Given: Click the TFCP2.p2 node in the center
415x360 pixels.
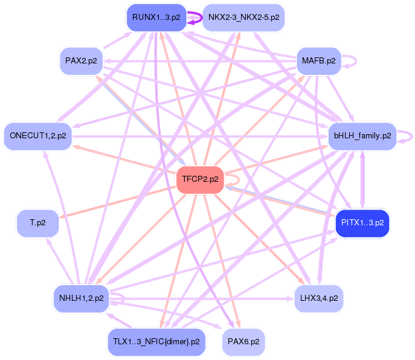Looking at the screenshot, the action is pos(200,179).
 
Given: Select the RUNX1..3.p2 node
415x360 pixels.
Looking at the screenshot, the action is pos(156,17).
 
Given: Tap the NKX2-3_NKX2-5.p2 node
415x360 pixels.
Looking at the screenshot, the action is pos(243,17).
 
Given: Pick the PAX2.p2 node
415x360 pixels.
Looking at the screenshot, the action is pos(81,61).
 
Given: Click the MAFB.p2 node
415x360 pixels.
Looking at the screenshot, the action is pos(318,61).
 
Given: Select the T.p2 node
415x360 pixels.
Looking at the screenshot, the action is pos(37,223).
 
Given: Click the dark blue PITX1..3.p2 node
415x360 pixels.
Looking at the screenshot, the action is pos(362,223).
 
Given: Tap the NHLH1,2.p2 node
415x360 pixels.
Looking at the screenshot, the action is pos(81,298).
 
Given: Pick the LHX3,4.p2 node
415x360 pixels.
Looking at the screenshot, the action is pos(319,298).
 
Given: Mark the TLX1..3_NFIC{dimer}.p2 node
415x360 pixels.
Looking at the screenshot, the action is pos(156,342).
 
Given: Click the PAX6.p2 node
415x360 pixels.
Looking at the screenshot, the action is pos(243,342).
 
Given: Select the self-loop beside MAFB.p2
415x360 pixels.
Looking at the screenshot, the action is pos(352,61).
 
